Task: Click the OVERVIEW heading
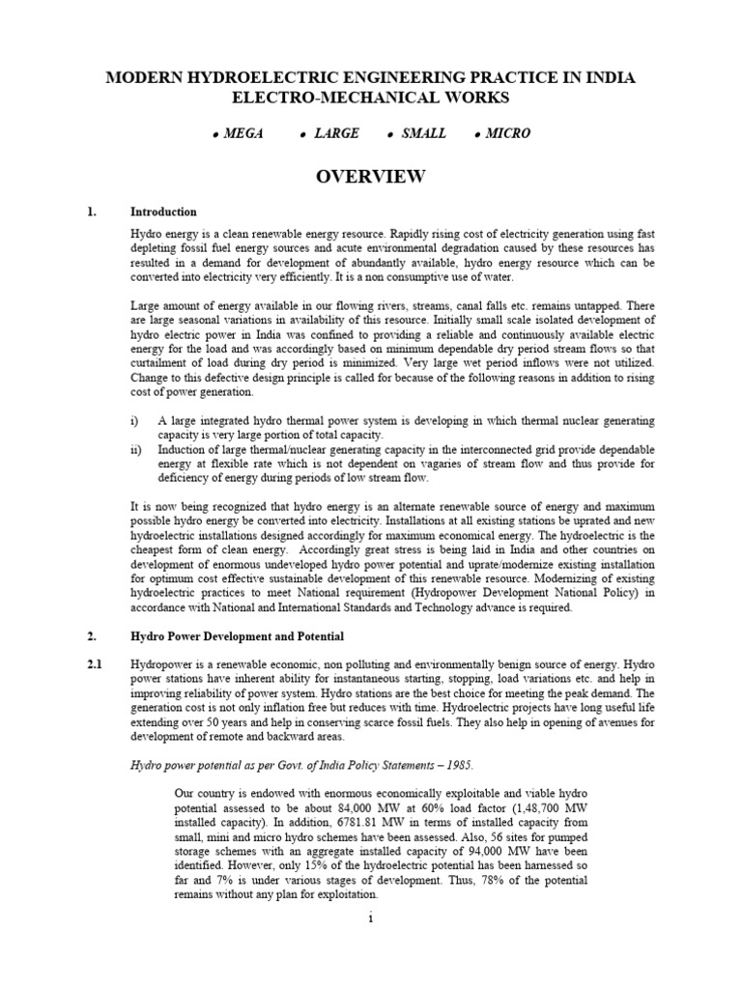click(x=371, y=176)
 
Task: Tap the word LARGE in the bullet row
click(x=336, y=133)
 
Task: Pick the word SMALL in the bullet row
click(x=424, y=133)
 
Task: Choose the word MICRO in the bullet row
click(x=509, y=133)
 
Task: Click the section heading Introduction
click(x=164, y=212)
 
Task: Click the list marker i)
click(x=135, y=421)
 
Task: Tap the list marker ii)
click(x=136, y=450)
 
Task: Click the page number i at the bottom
click(x=370, y=918)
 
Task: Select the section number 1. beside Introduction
click(x=92, y=212)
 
